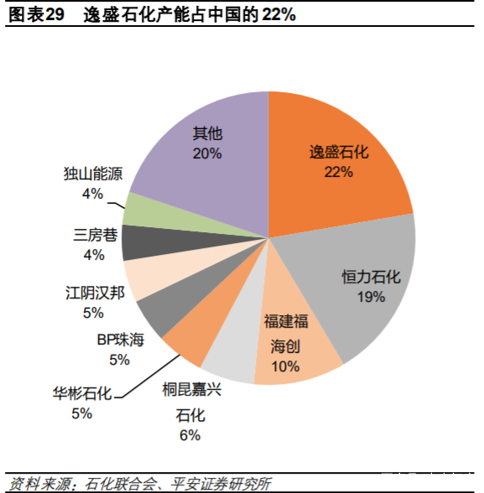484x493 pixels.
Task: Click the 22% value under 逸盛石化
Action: [338, 172]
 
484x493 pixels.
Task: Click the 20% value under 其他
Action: [206, 153]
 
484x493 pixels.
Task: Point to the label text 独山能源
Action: [93, 174]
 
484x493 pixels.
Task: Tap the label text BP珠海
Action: [120, 340]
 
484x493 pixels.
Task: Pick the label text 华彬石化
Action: [81, 392]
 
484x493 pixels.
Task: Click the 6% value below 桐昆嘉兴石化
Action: [190, 434]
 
